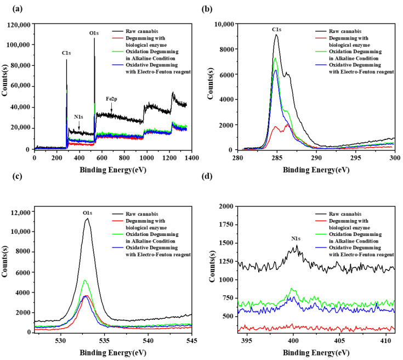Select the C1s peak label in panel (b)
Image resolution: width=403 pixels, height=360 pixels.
[x=276, y=30]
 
